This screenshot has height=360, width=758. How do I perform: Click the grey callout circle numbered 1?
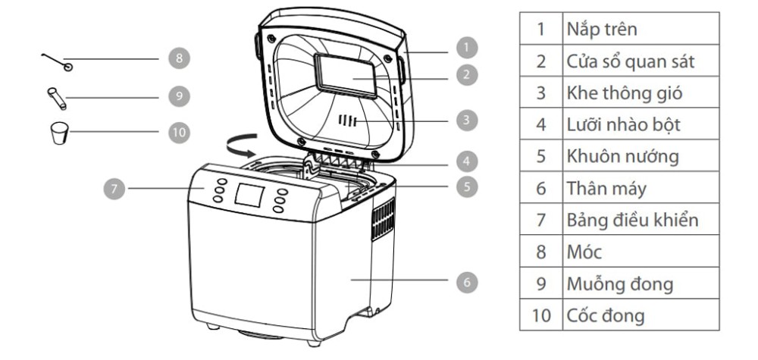click(466, 47)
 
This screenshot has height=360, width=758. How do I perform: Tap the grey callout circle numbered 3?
click(466, 120)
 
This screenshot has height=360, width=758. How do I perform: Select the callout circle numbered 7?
click(114, 189)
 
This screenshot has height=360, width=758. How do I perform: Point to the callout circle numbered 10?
click(180, 133)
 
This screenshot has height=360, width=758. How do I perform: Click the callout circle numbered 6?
click(466, 282)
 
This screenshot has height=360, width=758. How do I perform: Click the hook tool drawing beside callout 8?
click(58, 62)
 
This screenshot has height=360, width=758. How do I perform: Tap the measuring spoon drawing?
click(57, 99)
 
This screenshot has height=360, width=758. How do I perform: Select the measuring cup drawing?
click(60, 133)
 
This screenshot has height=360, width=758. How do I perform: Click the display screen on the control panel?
click(249, 196)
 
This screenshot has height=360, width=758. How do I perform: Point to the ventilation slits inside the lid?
click(348, 121)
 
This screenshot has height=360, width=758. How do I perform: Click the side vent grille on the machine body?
click(384, 219)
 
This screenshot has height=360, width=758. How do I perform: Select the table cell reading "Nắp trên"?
click(641, 29)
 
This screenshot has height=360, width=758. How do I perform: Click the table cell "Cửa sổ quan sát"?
click(641, 61)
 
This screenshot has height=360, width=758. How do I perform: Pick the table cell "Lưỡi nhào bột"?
click(641, 124)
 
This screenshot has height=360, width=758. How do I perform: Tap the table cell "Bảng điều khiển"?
click(641, 219)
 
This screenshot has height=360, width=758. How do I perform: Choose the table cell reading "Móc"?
click(641, 252)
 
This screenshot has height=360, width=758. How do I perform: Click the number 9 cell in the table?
click(541, 283)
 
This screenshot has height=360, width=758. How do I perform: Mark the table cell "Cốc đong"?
click(641, 315)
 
